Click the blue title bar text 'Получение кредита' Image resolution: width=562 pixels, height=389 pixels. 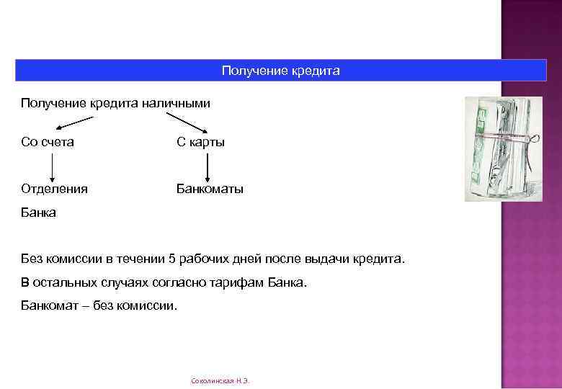tap(280, 71)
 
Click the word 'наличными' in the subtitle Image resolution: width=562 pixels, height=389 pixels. tap(182, 103)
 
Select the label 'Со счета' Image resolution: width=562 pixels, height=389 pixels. tap(48, 142)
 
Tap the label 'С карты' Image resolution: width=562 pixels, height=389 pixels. tap(201, 142)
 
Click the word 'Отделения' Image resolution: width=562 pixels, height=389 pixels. tap(55, 189)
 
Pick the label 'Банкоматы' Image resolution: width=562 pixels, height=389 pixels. tap(210, 189)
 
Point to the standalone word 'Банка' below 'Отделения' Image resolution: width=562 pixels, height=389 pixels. tap(38, 213)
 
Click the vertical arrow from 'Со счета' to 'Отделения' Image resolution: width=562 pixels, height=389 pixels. tap(51, 166)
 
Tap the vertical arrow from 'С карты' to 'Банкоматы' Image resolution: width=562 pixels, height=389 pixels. tap(208, 166)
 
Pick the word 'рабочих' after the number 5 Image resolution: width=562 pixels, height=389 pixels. tap(204, 258)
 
